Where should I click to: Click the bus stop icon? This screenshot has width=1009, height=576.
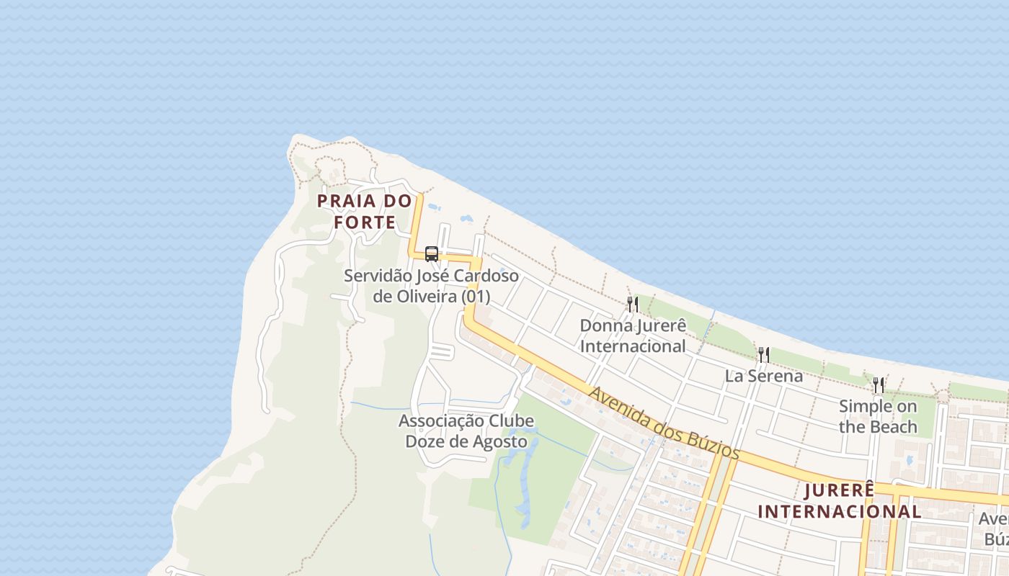pos(432,254)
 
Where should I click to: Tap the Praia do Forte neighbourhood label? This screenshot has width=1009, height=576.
pos(365,211)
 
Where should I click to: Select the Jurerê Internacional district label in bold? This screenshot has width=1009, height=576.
pos(840,501)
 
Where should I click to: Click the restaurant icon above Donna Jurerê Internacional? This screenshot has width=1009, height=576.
pos(632,305)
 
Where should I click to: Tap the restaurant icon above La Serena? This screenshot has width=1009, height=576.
pos(763,354)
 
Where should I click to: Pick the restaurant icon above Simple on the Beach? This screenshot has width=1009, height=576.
pos(878,385)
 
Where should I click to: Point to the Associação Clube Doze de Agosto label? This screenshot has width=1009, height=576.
pos(466,431)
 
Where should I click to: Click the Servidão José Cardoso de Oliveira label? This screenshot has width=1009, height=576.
pos(431,286)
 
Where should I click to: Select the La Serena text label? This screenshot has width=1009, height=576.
pos(763,376)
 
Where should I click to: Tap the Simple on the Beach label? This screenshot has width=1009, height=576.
pos(878,416)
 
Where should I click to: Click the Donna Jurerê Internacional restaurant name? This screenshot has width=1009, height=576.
pos(633,336)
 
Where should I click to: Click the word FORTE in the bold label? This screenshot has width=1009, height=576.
pos(365,222)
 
